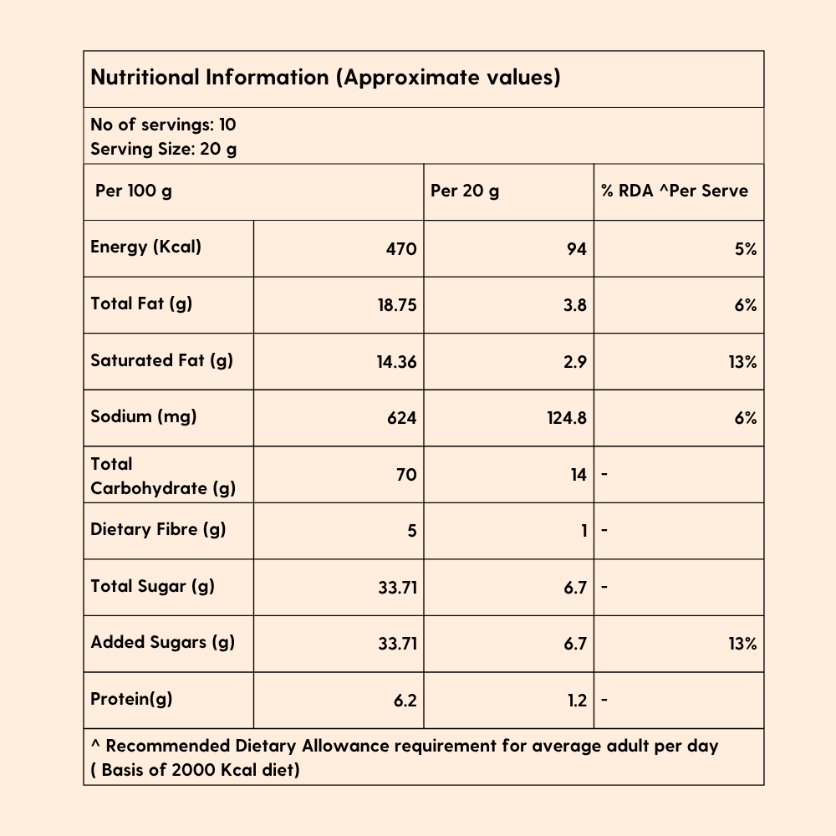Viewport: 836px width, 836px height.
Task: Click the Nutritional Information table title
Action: (x=325, y=78)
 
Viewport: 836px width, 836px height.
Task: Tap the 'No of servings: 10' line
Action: (x=163, y=125)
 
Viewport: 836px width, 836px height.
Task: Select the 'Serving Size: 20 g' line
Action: (x=164, y=150)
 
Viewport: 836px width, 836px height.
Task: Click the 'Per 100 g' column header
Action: (x=134, y=191)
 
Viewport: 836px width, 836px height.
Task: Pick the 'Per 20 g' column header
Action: (x=465, y=191)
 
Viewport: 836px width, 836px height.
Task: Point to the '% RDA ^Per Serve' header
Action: (x=675, y=191)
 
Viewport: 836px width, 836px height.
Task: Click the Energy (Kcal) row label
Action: (x=145, y=247)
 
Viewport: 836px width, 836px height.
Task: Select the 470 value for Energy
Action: (x=401, y=249)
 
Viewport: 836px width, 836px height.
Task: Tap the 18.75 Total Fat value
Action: (x=396, y=306)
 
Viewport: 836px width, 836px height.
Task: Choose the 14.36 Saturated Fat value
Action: (x=396, y=362)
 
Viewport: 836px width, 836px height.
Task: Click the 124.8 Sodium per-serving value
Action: (x=566, y=418)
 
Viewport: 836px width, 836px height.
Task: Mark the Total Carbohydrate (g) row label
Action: (x=163, y=476)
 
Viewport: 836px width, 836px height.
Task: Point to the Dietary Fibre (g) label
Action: (x=158, y=529)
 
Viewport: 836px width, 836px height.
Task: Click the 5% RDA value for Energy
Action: (x=746, y=249)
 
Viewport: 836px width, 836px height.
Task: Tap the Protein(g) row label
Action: (x=131, y=699)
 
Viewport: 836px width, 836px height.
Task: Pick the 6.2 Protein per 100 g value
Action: (x=405, y=701)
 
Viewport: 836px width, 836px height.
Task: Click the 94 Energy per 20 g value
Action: (x=576, y=249)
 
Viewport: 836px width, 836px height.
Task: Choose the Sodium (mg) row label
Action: (x=143, y=416)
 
